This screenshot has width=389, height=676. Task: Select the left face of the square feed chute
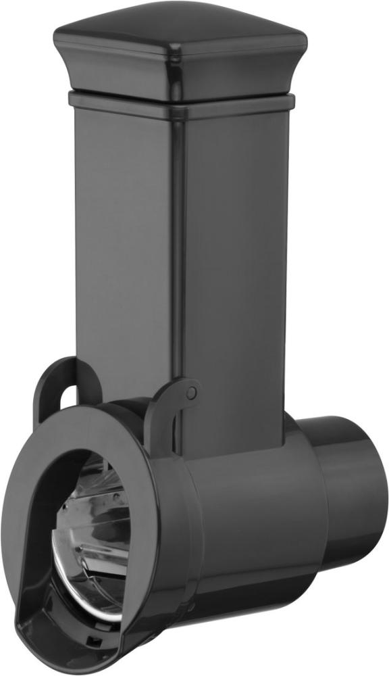coord(122,237)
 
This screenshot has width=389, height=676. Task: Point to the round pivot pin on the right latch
coord(192,391)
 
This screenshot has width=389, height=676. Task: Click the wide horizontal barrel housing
coord(250,514)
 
